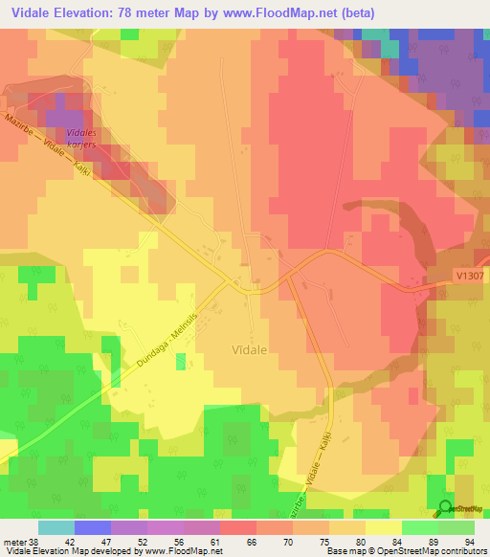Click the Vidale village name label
point(256,350)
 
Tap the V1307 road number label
point(469,275)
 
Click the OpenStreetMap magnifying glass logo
point(445,506)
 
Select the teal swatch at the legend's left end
point(56,526)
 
